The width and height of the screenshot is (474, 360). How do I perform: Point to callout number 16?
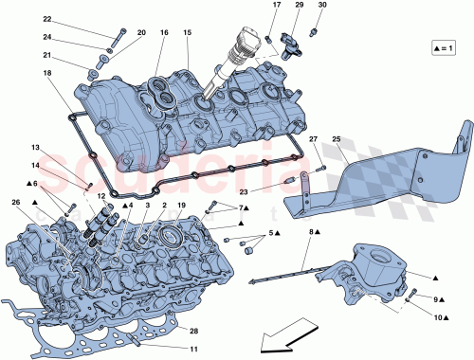coord(164,33)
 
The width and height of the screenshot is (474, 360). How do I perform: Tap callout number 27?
coord(310,139)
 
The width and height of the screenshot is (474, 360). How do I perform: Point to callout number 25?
coord(334,139)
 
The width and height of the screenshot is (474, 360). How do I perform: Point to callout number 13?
coord(34,148)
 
